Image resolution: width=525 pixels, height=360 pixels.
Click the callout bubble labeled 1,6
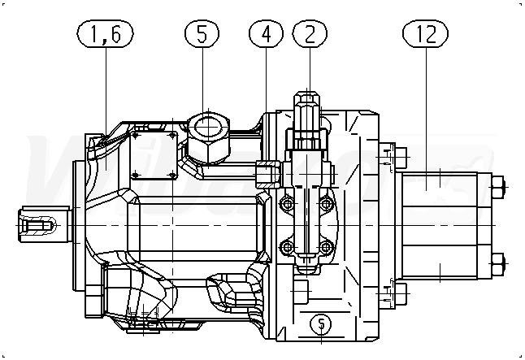tap(105, 35)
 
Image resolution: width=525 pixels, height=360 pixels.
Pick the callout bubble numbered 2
tap(309, 35)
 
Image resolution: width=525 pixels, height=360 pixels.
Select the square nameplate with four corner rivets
tap(154, 155)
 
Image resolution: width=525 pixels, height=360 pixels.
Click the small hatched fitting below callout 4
tap(267, 173)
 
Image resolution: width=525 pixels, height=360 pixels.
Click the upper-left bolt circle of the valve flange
tap(284, 201)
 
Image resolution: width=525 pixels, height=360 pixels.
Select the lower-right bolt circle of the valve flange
tap(328, 246)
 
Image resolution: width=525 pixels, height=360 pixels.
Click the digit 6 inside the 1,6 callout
tap(117, 35)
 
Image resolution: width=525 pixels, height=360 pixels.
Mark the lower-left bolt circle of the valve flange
tap(284, 246)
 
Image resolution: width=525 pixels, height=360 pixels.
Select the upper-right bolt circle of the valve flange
tap(328, 201)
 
